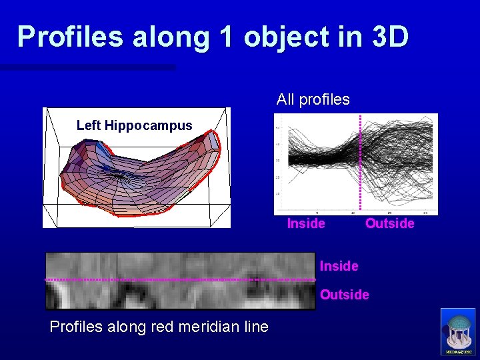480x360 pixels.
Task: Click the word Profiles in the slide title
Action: tap(70, 37)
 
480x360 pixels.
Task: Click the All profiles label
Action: tap(313, 100)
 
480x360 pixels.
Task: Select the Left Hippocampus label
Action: tap(134, 125)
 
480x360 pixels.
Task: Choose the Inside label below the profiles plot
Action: tap(306, 224)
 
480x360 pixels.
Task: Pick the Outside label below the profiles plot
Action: tap(389, 224)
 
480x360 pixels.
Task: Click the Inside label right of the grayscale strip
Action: tap(339, 267)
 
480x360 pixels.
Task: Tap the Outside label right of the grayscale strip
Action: tap(344, 295)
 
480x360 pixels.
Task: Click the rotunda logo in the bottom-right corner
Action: tap(458, 332)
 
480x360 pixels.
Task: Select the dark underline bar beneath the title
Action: tap(87, 67)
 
